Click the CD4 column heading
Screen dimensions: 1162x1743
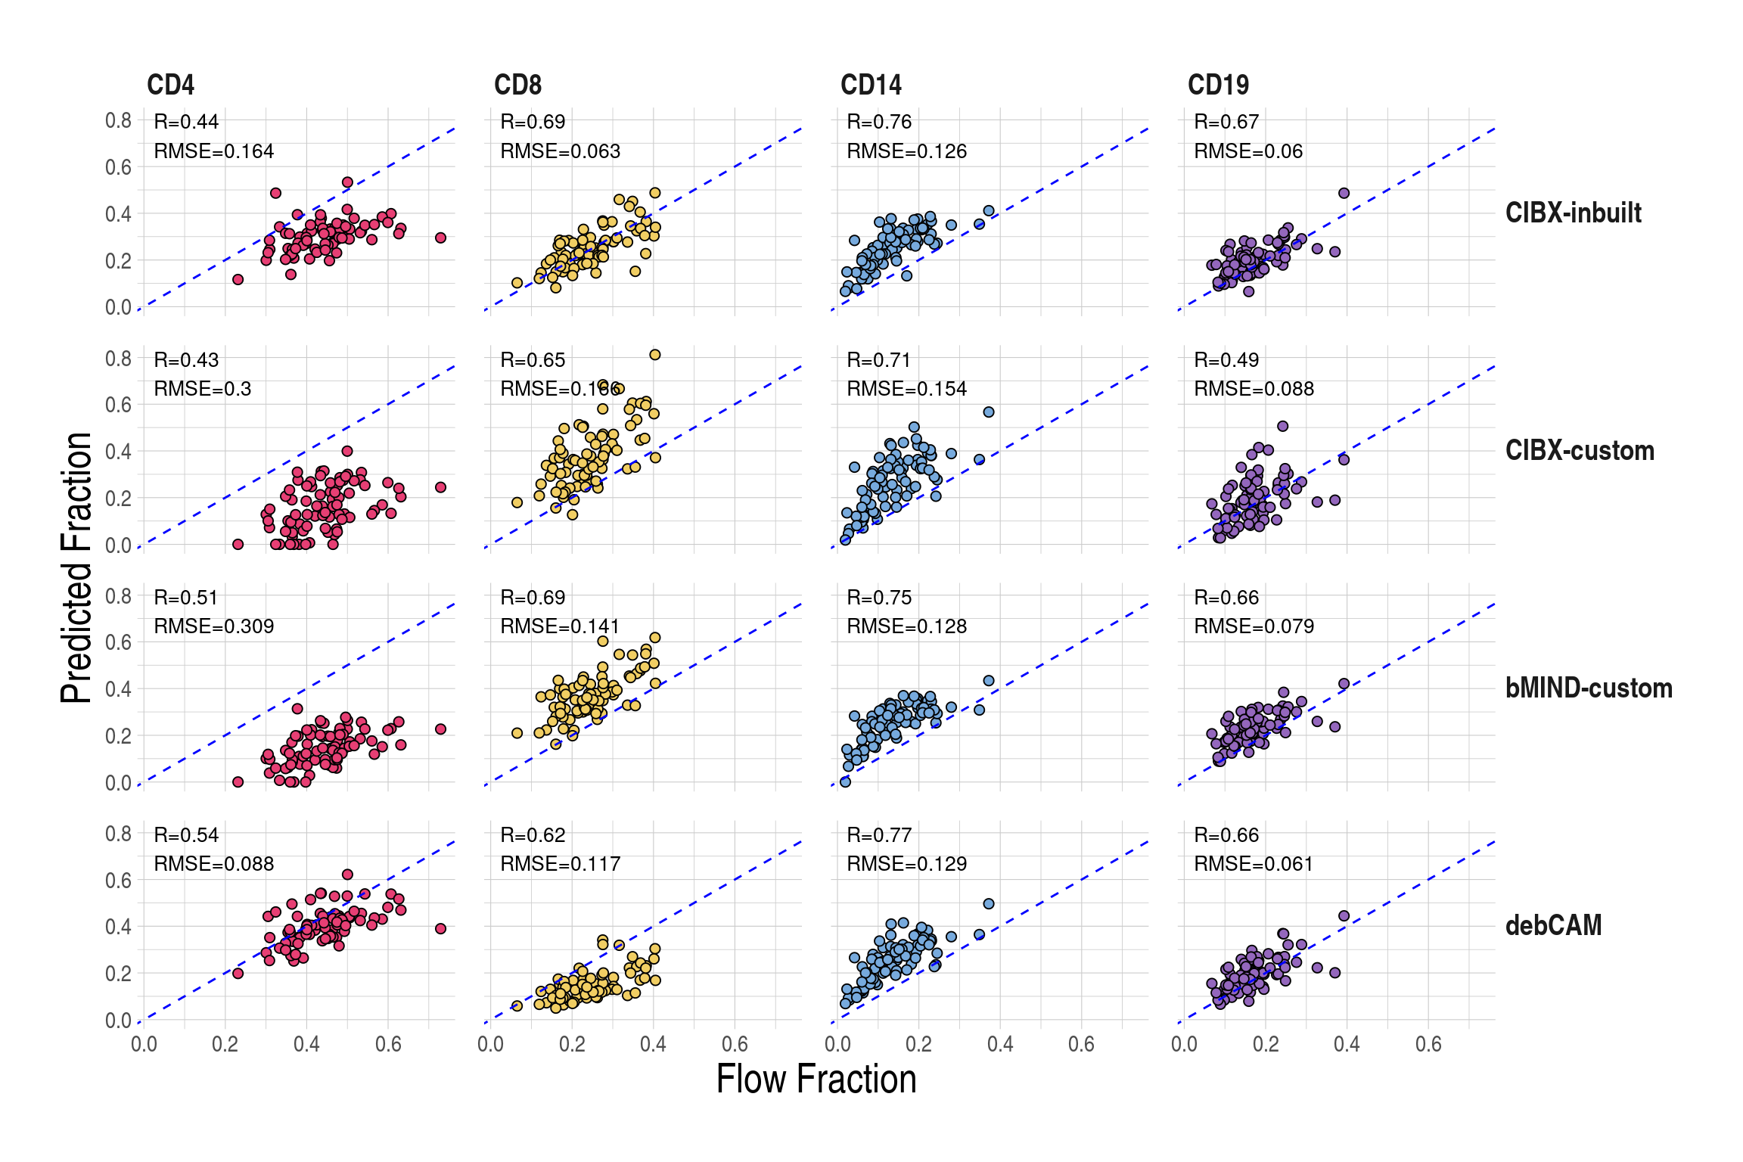[x=170, y=85]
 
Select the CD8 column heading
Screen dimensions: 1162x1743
[x=517, y=85]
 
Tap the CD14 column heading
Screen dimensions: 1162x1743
[x=871, y=85]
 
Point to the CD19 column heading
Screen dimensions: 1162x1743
[x=1218, y=85]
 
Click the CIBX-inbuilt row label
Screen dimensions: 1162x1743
[x=1573, y=213]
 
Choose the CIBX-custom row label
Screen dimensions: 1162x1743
[x=1580, y=450]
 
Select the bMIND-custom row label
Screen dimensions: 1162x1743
[x=1589, y=688]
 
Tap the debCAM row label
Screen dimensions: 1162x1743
[x=1553, y=925]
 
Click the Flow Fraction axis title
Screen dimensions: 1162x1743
[x=816, y=1079]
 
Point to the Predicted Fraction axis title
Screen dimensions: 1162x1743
[x=76, y=568]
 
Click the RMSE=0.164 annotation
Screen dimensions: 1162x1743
[x=213, y=151]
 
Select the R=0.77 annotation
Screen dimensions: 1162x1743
[x=879, y=835]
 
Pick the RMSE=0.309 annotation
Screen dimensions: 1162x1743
[x=213, y=626]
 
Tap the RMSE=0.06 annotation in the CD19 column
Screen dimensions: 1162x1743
[x=1248, y=151]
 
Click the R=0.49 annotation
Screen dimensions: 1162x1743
[x=1226, y=360]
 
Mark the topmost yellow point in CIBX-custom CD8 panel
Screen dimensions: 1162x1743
[x=655, y=355]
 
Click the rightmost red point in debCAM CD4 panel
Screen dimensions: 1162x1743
[x=441, y=928]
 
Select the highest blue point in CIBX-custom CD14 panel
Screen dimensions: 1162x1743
[x=989, y=412]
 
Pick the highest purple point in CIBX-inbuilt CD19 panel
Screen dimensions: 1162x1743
[x=1344, y=193]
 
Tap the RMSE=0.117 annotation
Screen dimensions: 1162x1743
[x=560, y=864]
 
